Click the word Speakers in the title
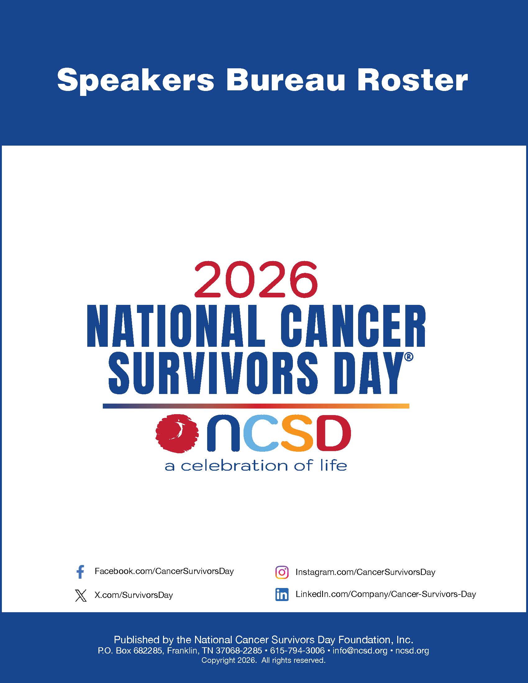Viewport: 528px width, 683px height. pos(136,81)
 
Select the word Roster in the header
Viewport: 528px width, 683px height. pos(412,80)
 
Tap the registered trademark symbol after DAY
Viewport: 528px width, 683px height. pos(409,357)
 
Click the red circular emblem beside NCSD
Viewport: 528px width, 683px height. pos(177,433)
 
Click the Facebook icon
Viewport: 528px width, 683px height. pos(80,572)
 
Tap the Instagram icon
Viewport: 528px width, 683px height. pos(282,572)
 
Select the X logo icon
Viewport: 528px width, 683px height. pos(81,595)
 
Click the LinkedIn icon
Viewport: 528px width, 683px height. pos(282,595)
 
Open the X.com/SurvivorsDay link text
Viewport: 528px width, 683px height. pos(134,595)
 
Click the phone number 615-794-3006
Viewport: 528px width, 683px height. pos(297,651)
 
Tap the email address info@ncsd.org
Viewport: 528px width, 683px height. pos(360,651)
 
